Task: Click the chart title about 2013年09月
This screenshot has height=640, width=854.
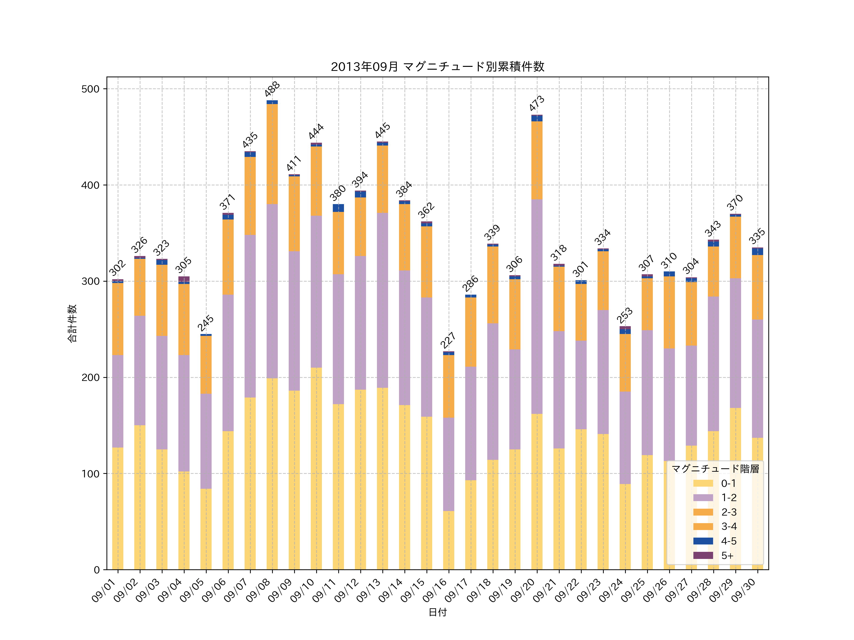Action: click(x=437, y=67)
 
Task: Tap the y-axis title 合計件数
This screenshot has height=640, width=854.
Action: click(x=72, y=323)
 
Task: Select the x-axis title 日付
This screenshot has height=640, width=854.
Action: click(x=437, y=612)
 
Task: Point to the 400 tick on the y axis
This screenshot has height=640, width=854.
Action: click(x=90, y=185)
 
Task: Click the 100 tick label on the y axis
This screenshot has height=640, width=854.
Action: click(x=90, y=474)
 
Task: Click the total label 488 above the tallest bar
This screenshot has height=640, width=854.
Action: click(x=272, y=89)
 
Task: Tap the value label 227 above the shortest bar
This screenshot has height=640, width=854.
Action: click(x=448, y=340)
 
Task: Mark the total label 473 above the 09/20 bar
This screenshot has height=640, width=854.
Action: click(x=537, y=103)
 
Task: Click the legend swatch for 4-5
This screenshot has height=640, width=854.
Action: click(x=703, y=541)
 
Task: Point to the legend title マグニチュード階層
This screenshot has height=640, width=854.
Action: click(x=715, y=469)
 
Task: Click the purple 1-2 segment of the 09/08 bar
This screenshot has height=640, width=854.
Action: click(x=272, y=291)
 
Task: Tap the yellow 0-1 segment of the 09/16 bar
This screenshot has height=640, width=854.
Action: click(x=449, y=540)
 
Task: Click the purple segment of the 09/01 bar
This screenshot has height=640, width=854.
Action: click(x=118, y=401)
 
